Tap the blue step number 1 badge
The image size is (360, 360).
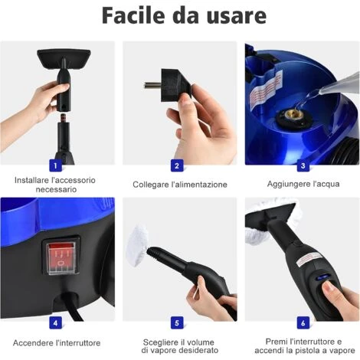(54, 165)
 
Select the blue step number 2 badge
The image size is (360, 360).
(177, 165)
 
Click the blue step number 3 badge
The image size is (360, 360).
(302, 165)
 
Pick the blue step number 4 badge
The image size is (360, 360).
(54, 322)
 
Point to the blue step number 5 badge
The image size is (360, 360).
(177, 322)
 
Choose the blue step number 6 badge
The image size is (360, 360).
(302, 322)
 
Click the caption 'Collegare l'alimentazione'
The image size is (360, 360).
(180, 185)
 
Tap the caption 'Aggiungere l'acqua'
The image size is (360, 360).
(303, 185)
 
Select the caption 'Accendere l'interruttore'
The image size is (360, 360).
(57, 342)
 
